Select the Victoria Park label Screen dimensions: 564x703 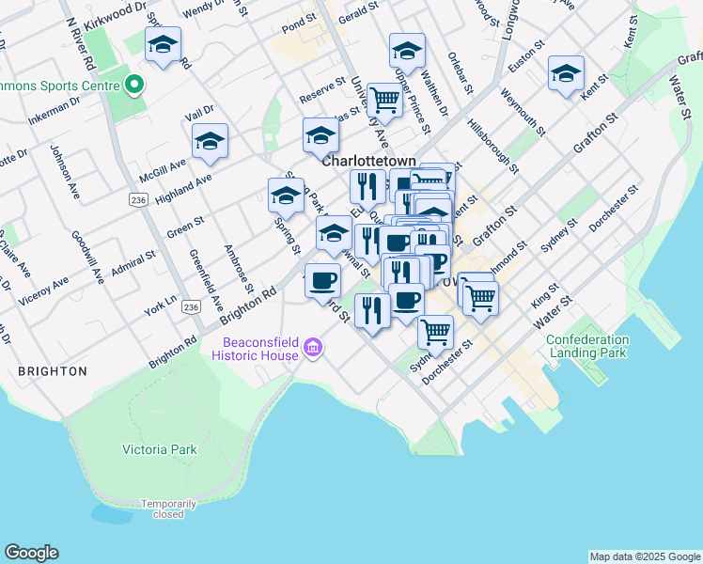[160, 449]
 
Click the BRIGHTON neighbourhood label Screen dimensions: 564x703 [53, 371]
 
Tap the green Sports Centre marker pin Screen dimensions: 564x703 [134, 86]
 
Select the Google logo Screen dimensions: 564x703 [31, 553]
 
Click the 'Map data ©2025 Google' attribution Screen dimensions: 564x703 [645, 556]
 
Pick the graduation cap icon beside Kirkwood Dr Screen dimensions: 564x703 [164, 45]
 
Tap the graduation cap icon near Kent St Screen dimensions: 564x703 [567, 74]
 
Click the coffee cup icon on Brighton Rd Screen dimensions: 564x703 [323, 280]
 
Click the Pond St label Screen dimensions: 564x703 [299, 20]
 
